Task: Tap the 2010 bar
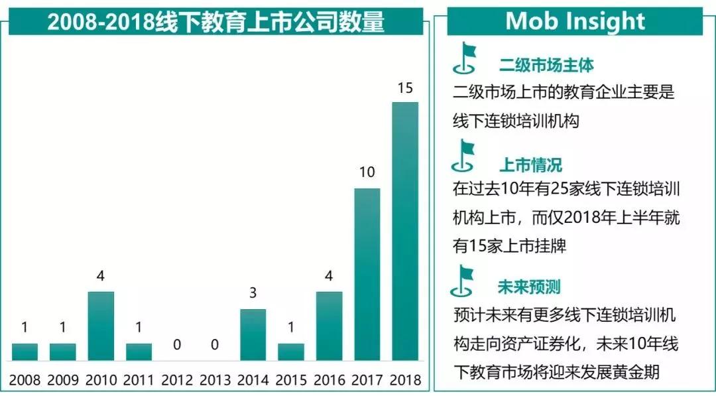[x=101, y=326]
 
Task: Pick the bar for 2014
[x=253, y=334]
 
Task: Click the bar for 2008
[x=25, y=352]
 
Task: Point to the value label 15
[x=404, y=88]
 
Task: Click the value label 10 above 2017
[x=367, y=172]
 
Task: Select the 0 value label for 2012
[x=177, y=344]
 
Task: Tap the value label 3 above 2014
[x=253, y=294]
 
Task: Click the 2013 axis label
[x=215, y=380]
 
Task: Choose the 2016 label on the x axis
[x=329, y=380]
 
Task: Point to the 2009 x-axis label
[x=63, y=380]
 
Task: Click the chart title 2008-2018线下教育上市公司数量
[x=216, y=22]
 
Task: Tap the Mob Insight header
[x=575, y=21]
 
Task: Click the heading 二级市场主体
[x=546, y=65]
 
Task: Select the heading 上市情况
[x=530, y=165]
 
